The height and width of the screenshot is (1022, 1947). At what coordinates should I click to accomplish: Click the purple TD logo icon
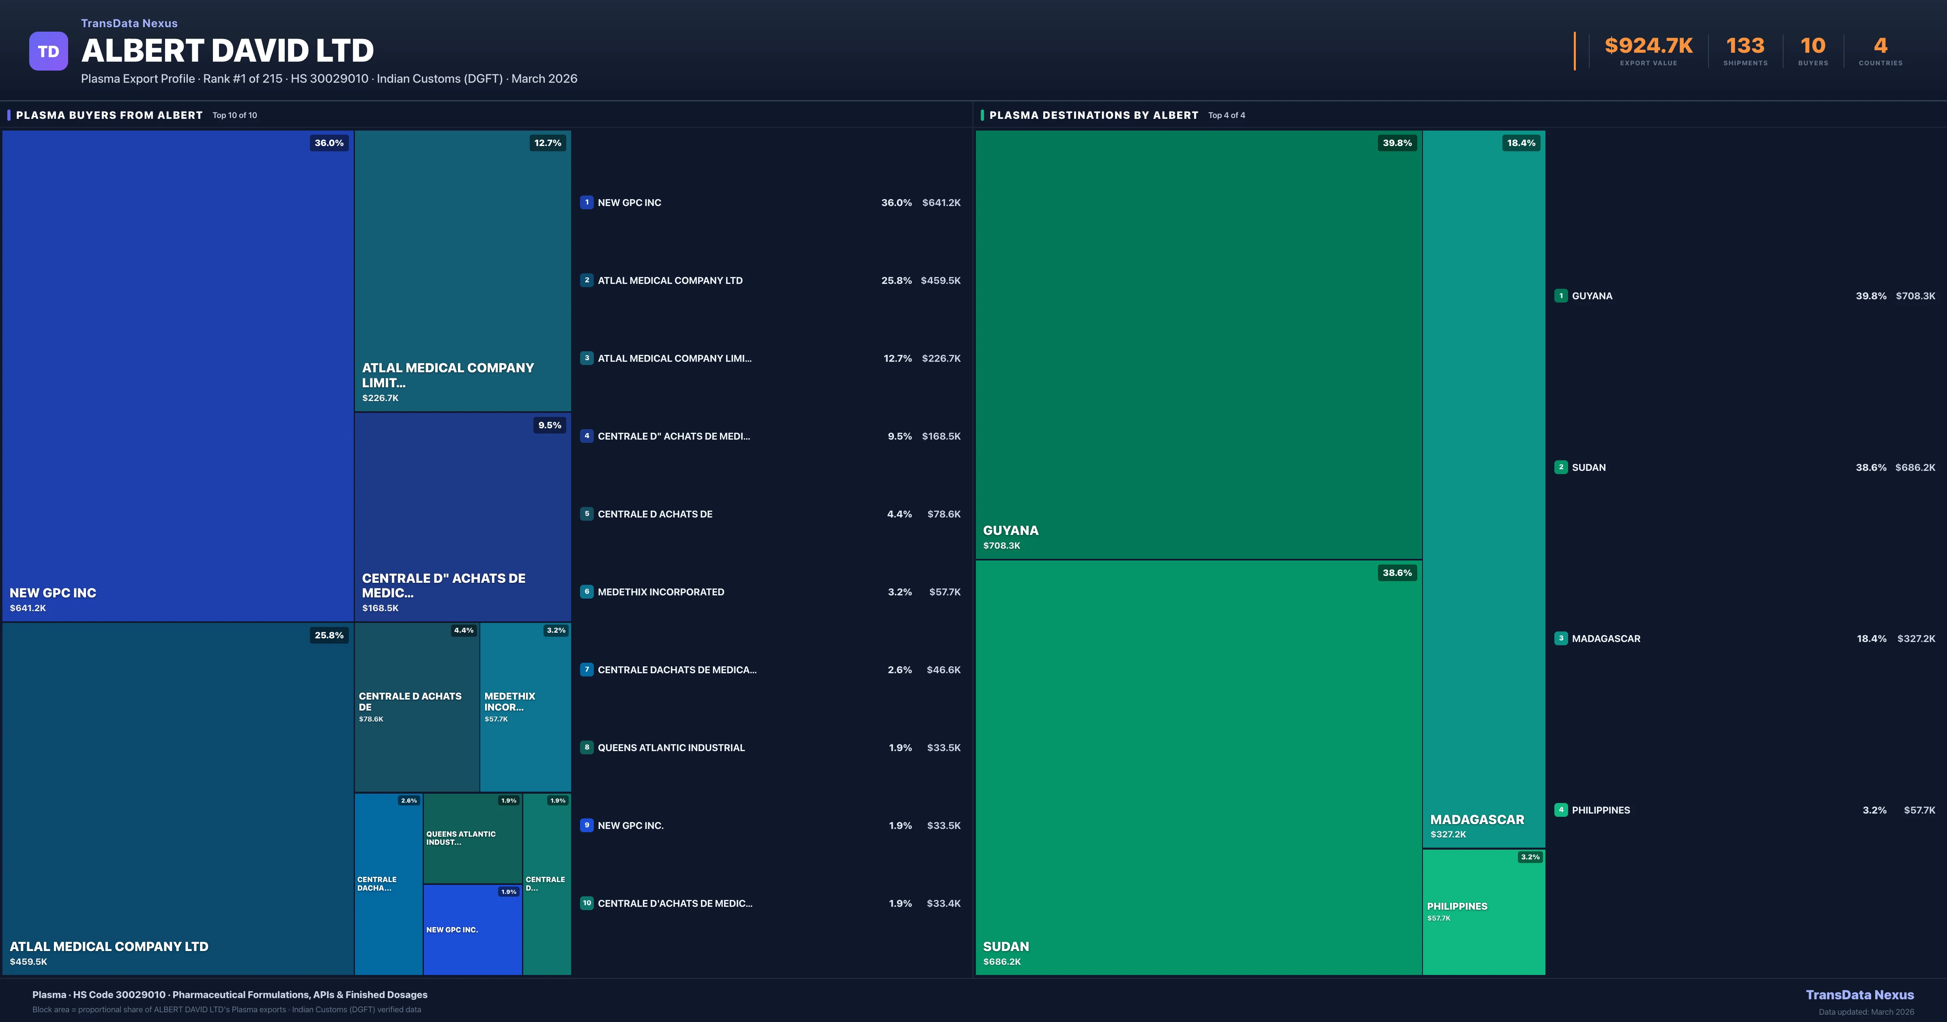[48, 52]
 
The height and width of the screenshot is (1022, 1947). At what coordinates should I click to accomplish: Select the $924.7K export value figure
[1648, 46]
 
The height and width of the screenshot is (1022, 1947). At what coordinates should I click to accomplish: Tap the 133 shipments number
[1745, 46]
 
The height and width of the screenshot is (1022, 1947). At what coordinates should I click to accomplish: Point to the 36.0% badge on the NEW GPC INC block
[329, 143]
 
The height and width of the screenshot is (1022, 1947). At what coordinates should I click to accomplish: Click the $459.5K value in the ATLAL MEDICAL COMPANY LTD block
[29, 962]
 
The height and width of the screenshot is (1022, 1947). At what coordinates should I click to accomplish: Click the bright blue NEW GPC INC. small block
[473, 930]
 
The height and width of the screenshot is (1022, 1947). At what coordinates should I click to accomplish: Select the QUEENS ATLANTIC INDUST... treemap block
[473, 837]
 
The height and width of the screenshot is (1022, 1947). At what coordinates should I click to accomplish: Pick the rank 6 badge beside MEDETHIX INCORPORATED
[587, 592]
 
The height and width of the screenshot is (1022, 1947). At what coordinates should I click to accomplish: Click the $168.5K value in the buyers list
[941, 436]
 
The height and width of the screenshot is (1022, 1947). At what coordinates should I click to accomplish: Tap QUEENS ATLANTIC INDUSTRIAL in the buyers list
[671, 747]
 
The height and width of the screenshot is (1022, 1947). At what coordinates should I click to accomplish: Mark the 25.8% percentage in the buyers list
[896, 281]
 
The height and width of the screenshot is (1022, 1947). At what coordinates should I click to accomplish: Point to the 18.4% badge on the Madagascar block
[1521, 143]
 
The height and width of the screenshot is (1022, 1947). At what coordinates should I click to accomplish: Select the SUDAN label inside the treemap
[1006, 947]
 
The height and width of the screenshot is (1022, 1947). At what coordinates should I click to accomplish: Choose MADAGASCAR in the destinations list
[1606, 639]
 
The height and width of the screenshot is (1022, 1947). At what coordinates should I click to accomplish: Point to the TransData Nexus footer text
[1859, 995]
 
